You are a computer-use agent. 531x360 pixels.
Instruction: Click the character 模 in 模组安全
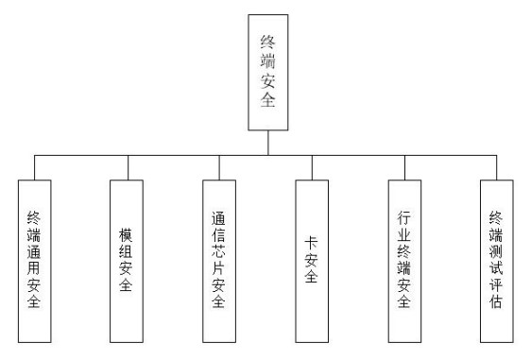point(127,231)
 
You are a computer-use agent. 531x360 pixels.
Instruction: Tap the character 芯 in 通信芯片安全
point(219,252)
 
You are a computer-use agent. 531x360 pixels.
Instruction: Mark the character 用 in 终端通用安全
point(35,267)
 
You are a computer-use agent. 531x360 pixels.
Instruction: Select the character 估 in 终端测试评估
point(496,302)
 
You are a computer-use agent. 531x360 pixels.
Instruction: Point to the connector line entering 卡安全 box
point(311,166)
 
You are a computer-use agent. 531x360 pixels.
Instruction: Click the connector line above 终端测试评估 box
point(496,166)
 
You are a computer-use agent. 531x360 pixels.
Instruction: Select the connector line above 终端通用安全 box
point(35,166)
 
